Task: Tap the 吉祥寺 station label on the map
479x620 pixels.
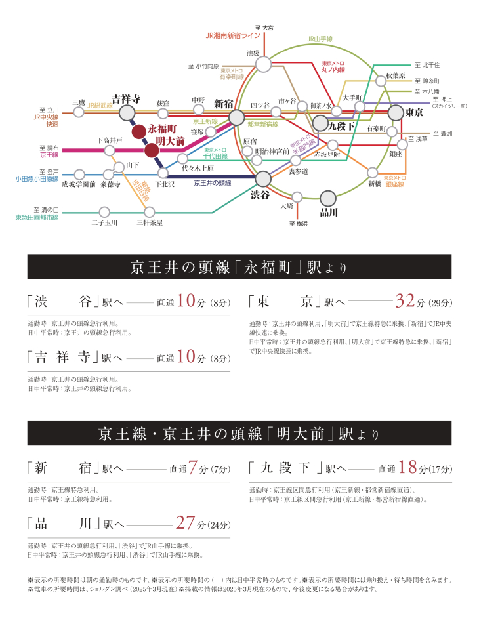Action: [125, 98]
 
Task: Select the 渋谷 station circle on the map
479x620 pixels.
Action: [263, 178]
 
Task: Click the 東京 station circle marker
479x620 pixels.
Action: [396, 113]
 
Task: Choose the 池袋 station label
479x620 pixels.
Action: [253, 52]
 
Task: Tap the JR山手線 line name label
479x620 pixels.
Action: [320, 39]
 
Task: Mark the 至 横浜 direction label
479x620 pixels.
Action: [297, 224]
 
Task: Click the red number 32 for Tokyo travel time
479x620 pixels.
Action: [405, 300]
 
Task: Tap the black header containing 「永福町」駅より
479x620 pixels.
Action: [239, 268]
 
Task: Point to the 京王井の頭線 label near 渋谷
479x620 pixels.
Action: [212, 183]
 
